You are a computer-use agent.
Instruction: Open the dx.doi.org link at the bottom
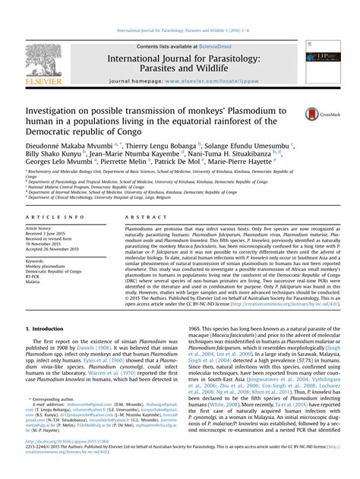coord(72,458)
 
